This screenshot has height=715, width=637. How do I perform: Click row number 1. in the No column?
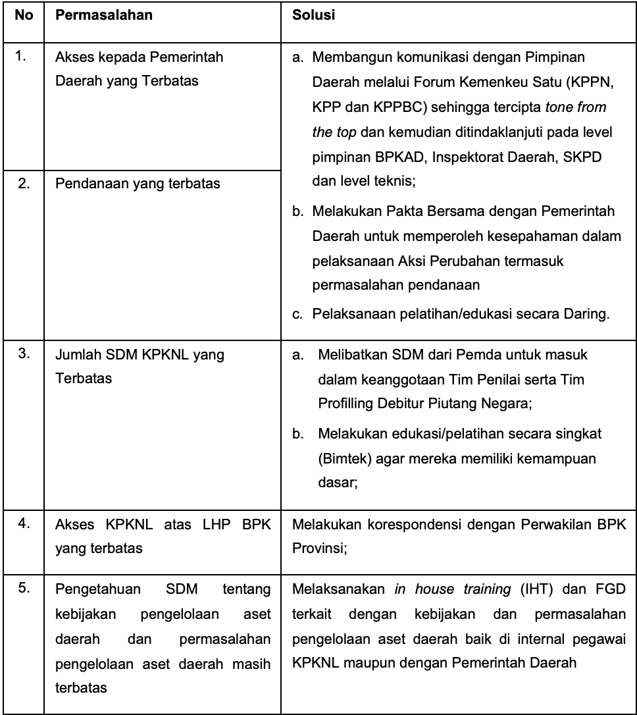coord(22,57)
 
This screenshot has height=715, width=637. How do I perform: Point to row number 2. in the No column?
coord(22,183)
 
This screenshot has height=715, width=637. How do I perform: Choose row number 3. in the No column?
coord(22,354)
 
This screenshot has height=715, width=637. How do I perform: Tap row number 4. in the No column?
coord(22,509)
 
